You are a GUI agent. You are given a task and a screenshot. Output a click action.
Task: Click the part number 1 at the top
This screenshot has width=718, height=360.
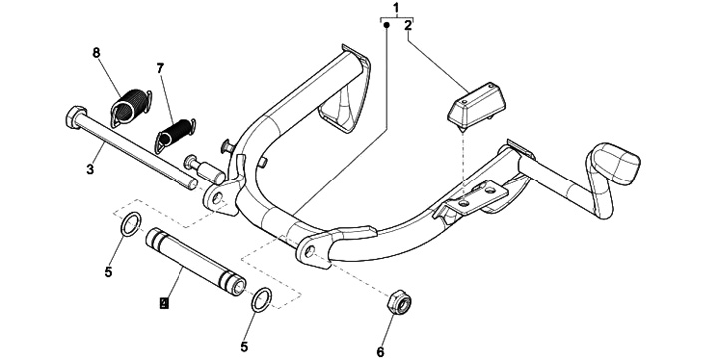click(x=396, y=8)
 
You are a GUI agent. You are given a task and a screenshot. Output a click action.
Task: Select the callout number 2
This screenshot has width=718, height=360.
click(x=408, y=26)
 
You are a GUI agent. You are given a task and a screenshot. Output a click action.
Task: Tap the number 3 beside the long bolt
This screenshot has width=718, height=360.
click(x=90, y=169)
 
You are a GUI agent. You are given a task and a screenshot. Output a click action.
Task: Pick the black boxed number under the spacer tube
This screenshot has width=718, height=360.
click(x=163, y=303)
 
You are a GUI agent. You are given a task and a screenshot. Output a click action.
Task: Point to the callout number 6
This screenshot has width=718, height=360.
click(x=380, y=352)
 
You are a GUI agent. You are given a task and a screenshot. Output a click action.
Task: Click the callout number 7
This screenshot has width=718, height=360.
click(x=159, y=69)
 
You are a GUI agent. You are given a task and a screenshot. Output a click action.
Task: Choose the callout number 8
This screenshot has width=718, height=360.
click(x=96, y=53)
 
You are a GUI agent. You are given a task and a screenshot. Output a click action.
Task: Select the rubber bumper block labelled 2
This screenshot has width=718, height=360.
click(x=477, y=105)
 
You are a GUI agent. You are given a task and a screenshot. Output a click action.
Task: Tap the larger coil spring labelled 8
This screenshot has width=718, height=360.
click(x=131, y=108)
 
